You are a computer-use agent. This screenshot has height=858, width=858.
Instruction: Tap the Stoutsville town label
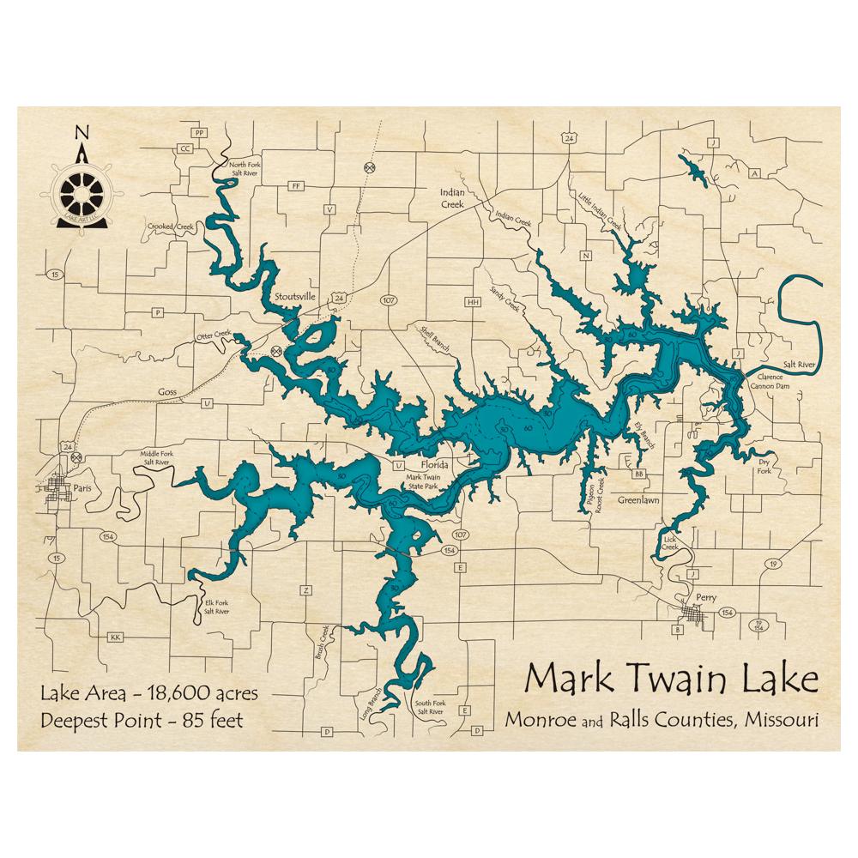click(295, 297)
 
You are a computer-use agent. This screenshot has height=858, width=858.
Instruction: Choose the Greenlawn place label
click(638, 499)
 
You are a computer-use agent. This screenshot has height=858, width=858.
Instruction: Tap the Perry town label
click(706, 597)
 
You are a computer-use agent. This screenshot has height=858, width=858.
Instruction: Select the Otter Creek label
click(214, 335)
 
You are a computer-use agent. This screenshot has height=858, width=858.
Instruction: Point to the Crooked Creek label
click(171, 227)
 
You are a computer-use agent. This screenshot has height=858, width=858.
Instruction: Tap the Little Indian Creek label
click(600, 209)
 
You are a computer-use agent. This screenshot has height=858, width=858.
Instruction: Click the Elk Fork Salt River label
click(217, 607)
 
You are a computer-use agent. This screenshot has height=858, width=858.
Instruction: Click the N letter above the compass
click(82, 131)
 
